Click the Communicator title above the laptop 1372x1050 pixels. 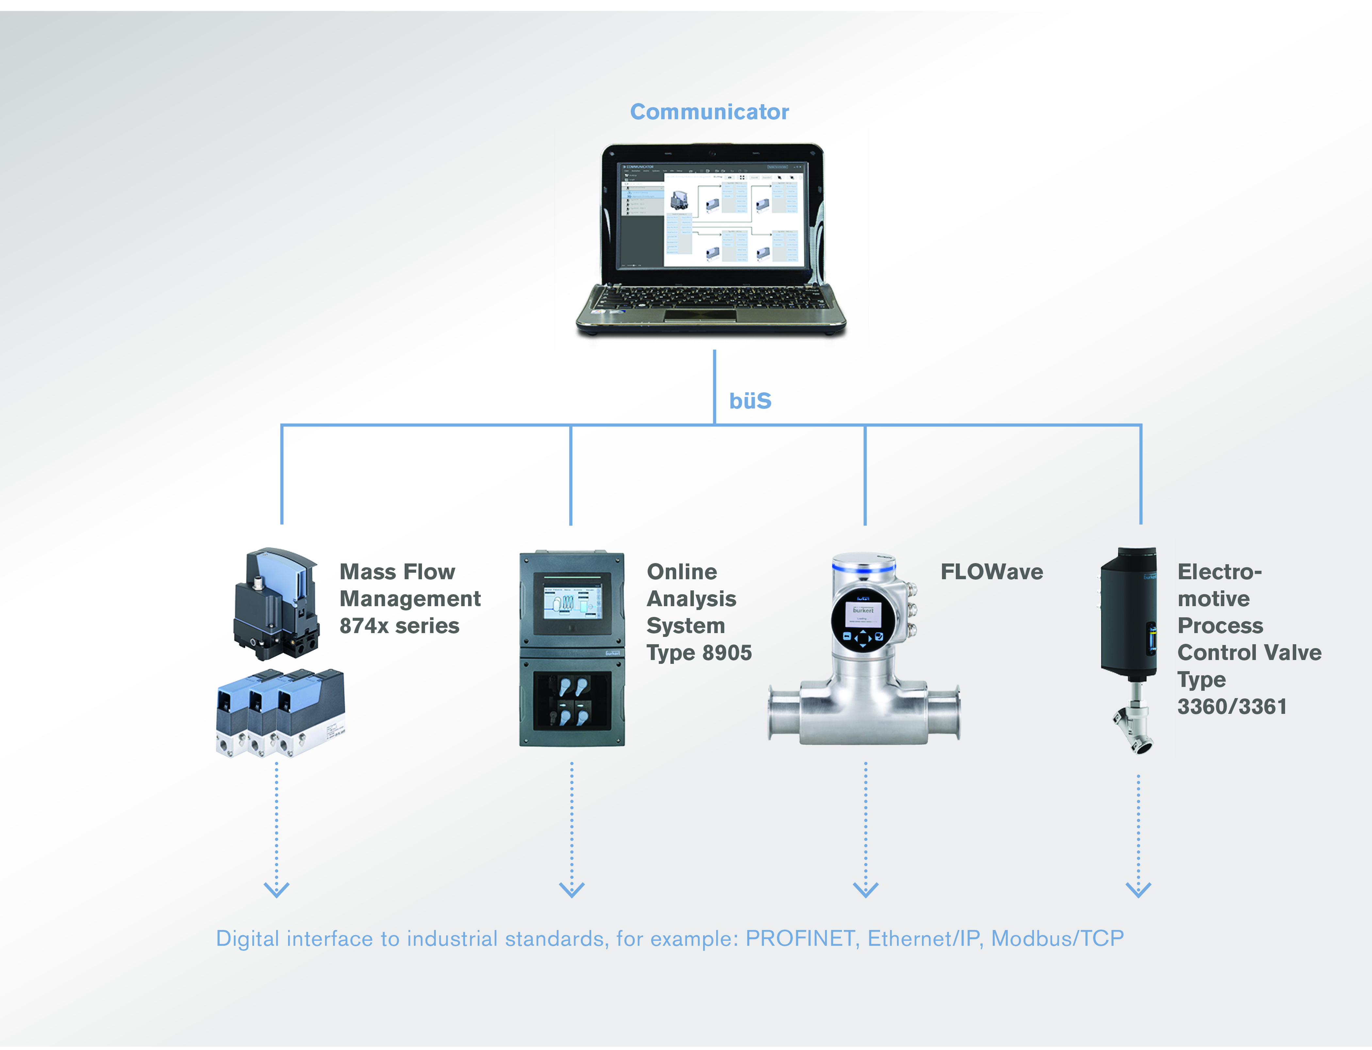point(709,112)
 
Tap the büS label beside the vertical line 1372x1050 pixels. point(750,401)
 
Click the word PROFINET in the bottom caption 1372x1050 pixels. point(800,939)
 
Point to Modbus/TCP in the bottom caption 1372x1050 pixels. point(1057,939)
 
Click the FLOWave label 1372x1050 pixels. point(991,572)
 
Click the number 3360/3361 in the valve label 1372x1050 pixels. point(1232,707)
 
